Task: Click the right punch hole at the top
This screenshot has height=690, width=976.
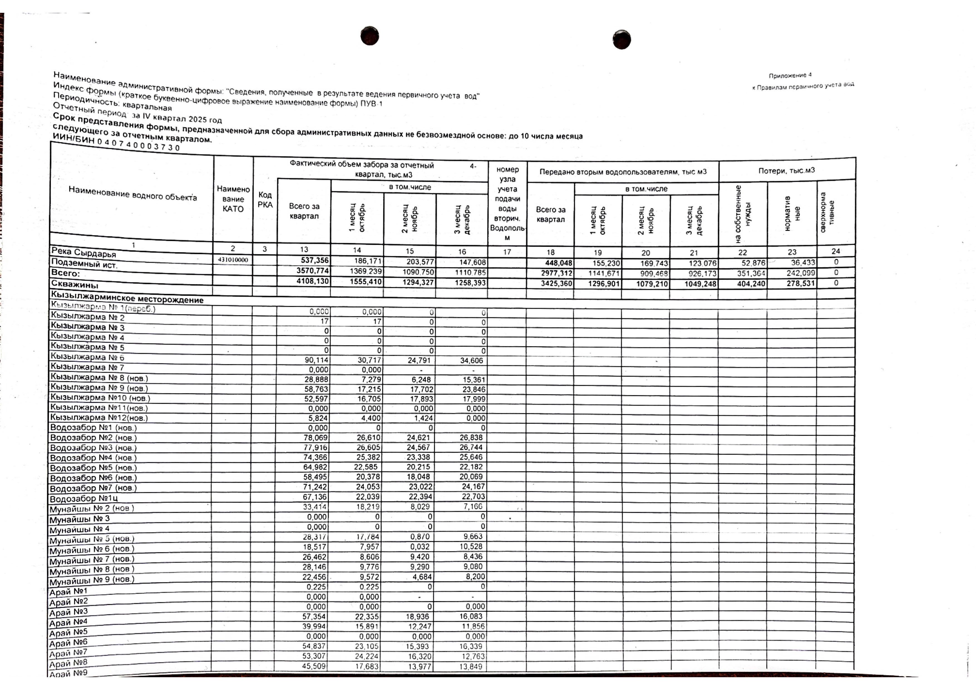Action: pyautogui.click(x=622, y=40)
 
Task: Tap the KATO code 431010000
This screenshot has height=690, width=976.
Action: pyautogui.click(x=233, y=260)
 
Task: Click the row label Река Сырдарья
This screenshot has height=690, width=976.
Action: pyautogui.click(x=83, y=252)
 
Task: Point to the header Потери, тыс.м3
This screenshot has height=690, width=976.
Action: pyautogui.click(x=787, y=170)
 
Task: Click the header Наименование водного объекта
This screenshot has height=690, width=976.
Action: pyautogui.click(x=133, y=195)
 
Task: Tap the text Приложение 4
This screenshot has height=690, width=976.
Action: pyautogui.click(x=790, y=75)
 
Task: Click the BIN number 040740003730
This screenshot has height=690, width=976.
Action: pyautogui.click(x=138, y=144)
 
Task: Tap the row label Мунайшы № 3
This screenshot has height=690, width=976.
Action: pyautogui.click(x=80, y=519)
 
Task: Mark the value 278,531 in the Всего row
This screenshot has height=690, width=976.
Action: pyautogui.click(x=800, y=283)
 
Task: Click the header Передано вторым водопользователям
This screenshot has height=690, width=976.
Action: pyautogui.click(x=623, y=172)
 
